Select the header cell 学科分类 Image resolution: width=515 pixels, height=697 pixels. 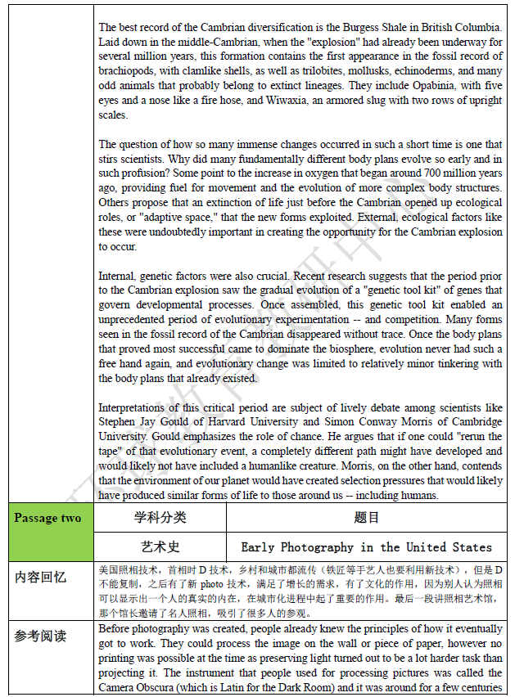click(160, 517)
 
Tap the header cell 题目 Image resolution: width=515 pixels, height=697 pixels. click(367, 517)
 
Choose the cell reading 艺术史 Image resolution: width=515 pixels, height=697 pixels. click(160, 546)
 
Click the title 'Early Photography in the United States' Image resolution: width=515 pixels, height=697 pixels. click(367, 546)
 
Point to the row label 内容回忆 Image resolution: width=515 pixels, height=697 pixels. click(41, 577)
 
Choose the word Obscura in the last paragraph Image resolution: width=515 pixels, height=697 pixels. click(165, 688)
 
